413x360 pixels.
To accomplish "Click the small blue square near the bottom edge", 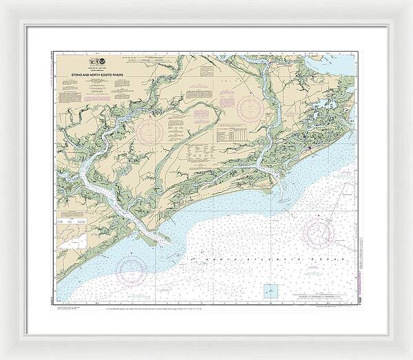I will (271, 291).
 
